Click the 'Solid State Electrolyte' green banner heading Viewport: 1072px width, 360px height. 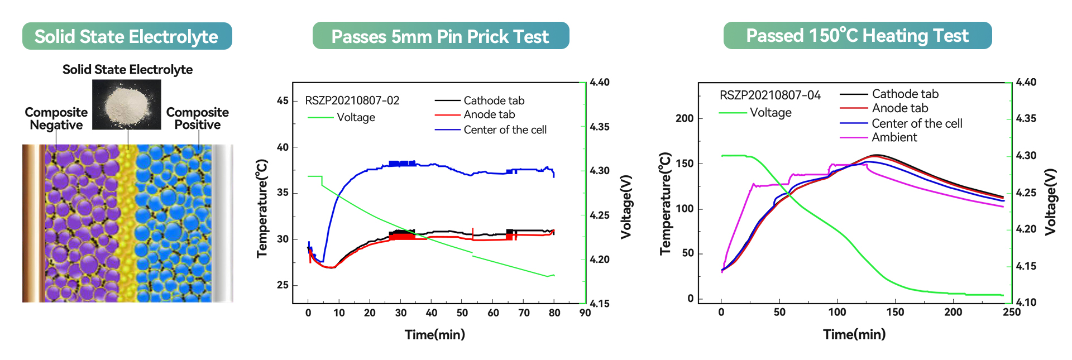pyautogui.click(x=127, y=36)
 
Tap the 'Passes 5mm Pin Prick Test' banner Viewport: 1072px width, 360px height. pyautogui.click(x=441, y=36)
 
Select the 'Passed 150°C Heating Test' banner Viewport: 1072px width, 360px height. pyautogui.click(x=858, y=36)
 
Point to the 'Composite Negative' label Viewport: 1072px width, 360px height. pyautogui.click(x=56, y=119)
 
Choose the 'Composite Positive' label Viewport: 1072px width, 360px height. pyautogui.click(x=198, y=119)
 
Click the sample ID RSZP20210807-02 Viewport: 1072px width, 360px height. pyautogui.click(x=352, y=100)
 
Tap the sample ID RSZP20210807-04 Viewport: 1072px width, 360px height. pyautogui.click(x=770, y=95)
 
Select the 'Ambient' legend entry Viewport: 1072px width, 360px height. pyautogui.click(x=894, y=137)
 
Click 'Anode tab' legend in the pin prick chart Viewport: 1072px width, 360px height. pyautogui.click(x=489, y=114)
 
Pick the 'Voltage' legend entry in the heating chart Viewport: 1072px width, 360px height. pyautogui.click(x=770, y=113)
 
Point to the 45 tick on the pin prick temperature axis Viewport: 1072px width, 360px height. pyautogui.click(x=283, y=100)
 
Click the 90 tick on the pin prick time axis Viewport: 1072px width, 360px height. pyautogui.click(x=585, y=313)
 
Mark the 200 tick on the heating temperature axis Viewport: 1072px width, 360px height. pyautogui.click(x=685, y=118)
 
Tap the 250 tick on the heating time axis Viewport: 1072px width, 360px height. pyautogui.click(x=1011, y=313)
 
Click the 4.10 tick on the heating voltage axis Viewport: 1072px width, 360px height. pyautogui.click(x=1026, y=303)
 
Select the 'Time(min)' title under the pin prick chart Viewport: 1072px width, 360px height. pyautogui.click(x=435, y=335)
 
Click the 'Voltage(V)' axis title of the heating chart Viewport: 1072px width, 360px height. pyautogui.click(x=1050, y=201)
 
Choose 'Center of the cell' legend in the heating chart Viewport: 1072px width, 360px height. pyautogui.click(x=917, y=123)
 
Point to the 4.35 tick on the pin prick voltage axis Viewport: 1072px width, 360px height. pyautogui.click(x=600, y=127)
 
